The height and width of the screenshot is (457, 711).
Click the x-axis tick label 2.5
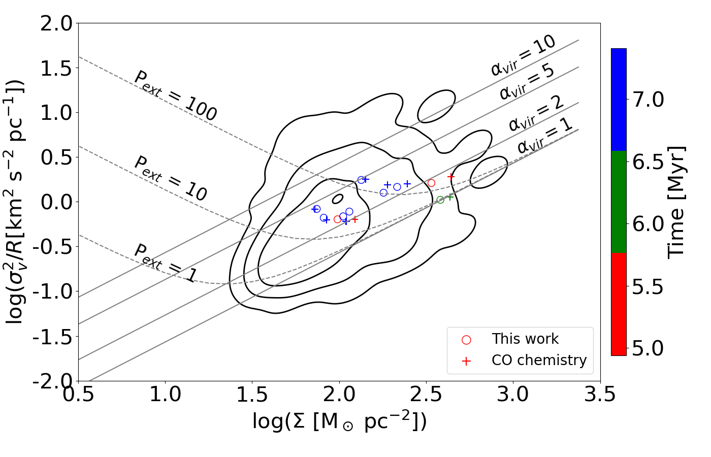(426, 394)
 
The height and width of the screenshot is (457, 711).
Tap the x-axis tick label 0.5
(78, 394)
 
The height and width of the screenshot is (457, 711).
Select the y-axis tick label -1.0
(53, 291)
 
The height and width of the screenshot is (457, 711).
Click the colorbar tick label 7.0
(648, 100)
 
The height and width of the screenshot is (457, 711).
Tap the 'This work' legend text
(525, 339)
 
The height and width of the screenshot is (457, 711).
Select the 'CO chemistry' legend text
(539, 360)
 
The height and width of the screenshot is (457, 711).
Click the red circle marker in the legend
(466, 340)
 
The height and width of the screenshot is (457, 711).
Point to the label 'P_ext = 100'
(175, 96)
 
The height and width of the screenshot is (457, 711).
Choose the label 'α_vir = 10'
(523, 55)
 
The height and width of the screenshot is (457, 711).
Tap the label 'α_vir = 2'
(536, 113)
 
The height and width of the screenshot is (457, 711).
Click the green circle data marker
(440, 200)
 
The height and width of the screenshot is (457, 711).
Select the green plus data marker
(450, 197)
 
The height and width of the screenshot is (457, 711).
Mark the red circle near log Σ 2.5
(431, 183)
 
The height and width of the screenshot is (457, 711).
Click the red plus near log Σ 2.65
(451, 177)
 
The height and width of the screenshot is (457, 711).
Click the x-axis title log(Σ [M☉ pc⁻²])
(339, 421)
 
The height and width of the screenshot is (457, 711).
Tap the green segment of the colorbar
(619, 202)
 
